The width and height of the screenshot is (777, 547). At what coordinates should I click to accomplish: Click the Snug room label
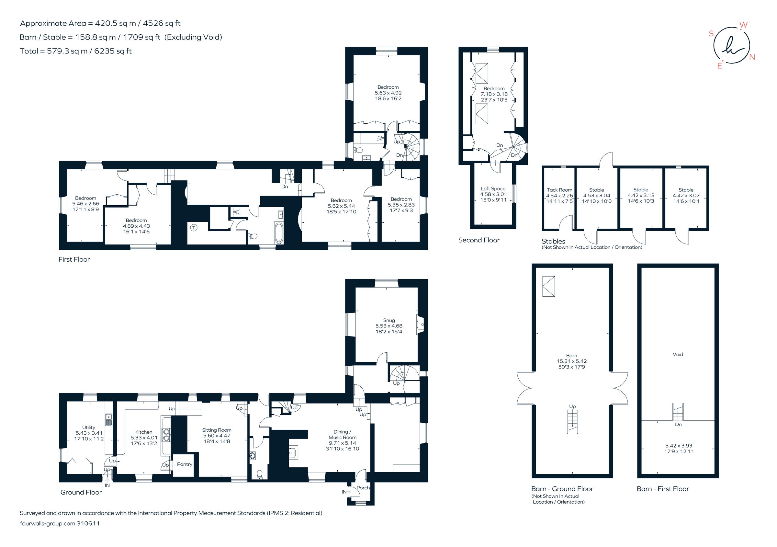[389, 320]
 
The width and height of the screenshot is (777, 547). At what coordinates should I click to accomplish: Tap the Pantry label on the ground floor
[185, 464]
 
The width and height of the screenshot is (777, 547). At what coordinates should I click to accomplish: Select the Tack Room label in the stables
[559, 190]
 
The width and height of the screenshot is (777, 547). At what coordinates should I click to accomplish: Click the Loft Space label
[493, 188]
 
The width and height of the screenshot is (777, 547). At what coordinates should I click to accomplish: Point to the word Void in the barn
[678, 354]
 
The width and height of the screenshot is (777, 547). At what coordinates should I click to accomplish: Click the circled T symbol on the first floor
[194, 228]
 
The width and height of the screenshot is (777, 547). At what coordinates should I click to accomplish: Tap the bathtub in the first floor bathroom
[278, 233]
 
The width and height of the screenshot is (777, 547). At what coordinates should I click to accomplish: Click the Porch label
[363, 488]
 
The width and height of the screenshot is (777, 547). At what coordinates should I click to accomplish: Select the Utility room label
[89, 427]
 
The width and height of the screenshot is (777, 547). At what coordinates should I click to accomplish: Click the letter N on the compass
[752, 57]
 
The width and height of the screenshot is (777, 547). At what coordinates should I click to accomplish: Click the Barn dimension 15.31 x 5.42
[572, 361]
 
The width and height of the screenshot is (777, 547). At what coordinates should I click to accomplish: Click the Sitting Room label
[217, 430]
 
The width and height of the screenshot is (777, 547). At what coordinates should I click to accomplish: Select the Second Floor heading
[479, 240]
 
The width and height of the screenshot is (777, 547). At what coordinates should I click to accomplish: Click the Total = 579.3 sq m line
[76, 51]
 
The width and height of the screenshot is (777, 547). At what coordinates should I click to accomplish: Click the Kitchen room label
[144, 432]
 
